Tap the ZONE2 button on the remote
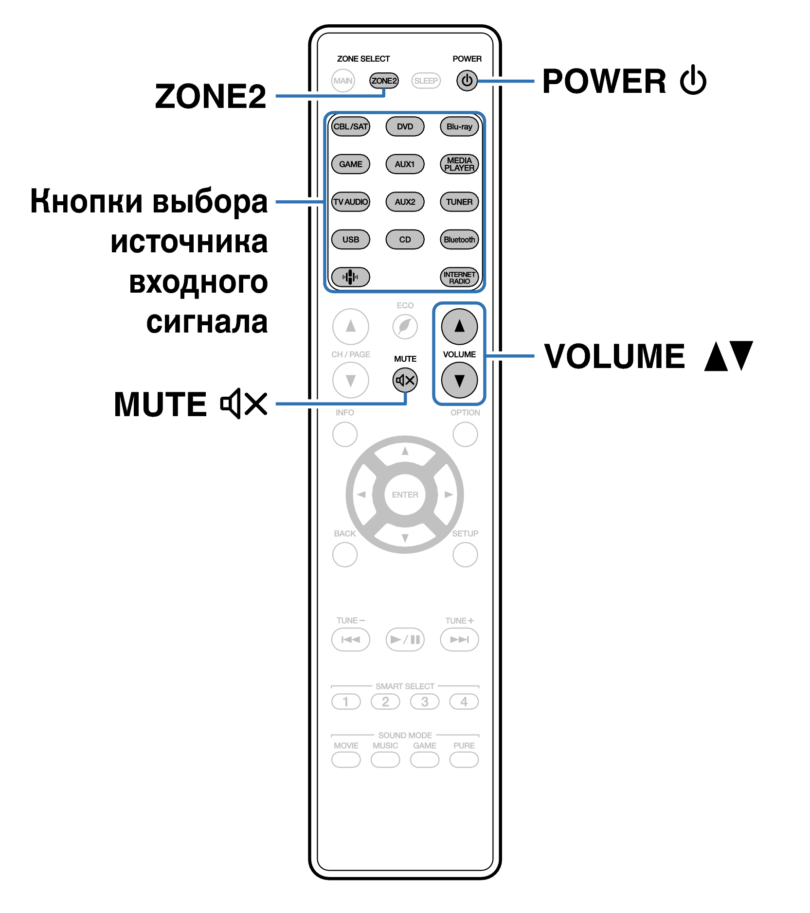pos(384,81)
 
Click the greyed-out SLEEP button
pos(426,81)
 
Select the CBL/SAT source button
pos(350,126)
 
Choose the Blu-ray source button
pos(459,126)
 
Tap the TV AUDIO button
pos(350,202)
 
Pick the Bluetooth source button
pos(459,239)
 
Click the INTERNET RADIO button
pos(459,277)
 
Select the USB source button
pos(350,239)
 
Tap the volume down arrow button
pos(459,380)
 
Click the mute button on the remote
pos(405,380)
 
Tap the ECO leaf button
pos(405,327)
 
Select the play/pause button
pos(405,639)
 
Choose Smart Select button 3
pos(425,702)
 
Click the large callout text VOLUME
pos(614,356)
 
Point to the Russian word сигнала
pos(207,322)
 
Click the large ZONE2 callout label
pos(211,96)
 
